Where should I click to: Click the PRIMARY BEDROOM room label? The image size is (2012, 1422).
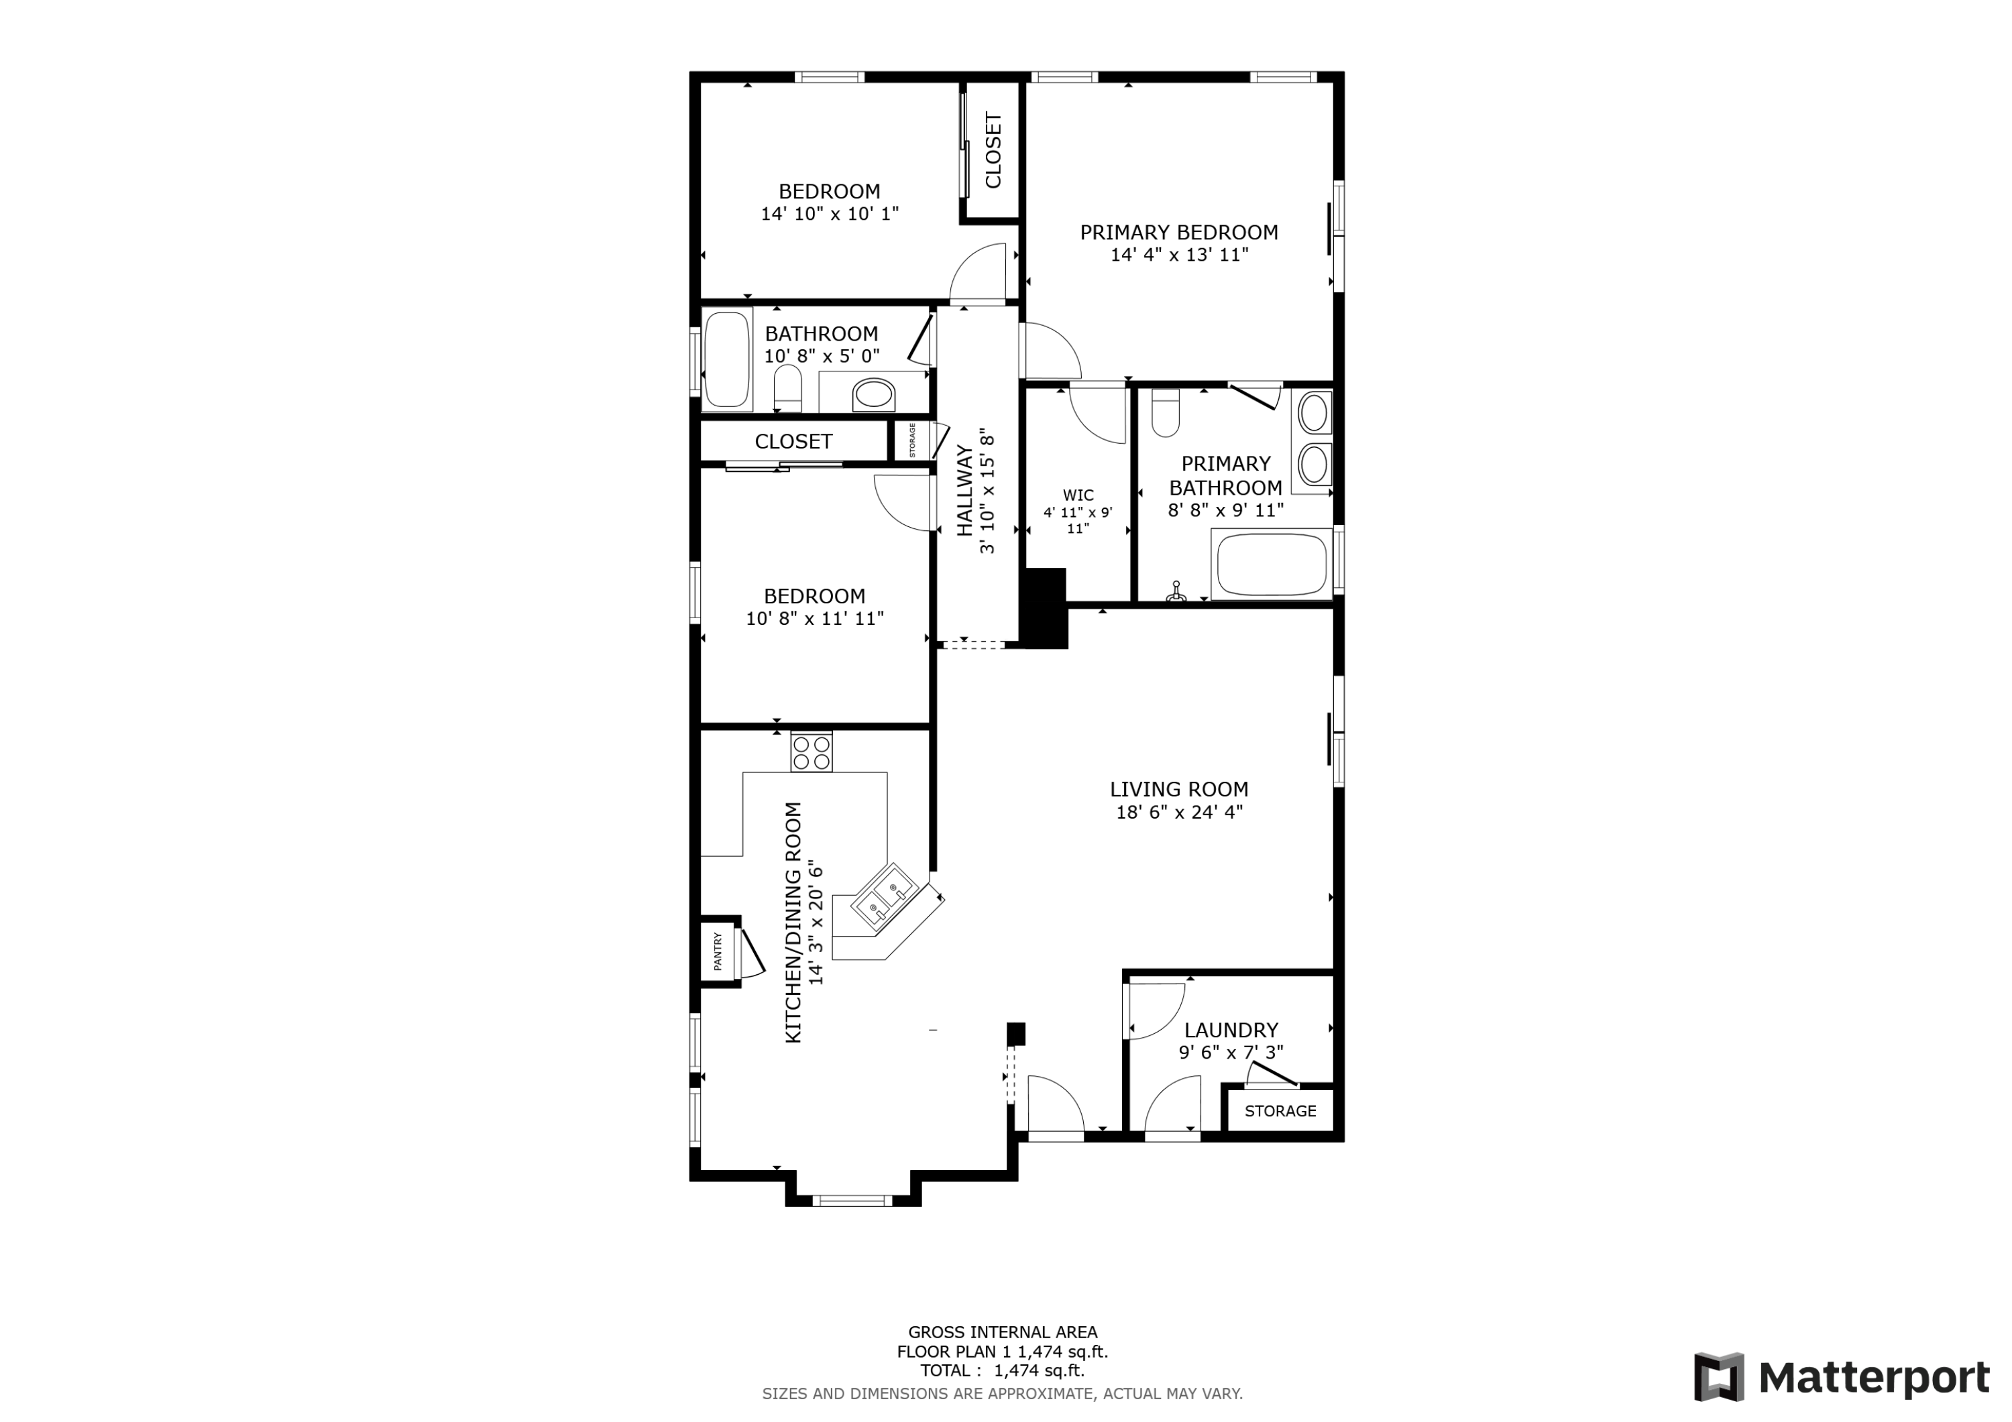1178,232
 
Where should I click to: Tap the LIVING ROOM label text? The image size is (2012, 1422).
1178,789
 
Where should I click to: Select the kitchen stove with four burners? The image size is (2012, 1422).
812,752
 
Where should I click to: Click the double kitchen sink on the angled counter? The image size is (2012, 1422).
883,902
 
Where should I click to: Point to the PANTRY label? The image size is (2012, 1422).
718,951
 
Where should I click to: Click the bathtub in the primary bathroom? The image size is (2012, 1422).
1272,563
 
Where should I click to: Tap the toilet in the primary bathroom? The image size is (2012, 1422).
1166,414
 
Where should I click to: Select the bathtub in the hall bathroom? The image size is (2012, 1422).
726,359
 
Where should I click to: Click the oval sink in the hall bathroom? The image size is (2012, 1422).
874,394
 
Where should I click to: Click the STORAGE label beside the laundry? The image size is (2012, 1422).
1280,1111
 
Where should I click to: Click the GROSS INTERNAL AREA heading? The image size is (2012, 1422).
1003,1333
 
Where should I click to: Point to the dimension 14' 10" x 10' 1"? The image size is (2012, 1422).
830,213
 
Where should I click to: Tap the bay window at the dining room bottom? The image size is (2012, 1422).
852,1200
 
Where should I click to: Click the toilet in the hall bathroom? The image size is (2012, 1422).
788,388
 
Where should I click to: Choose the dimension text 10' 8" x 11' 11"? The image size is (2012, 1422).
815,619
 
